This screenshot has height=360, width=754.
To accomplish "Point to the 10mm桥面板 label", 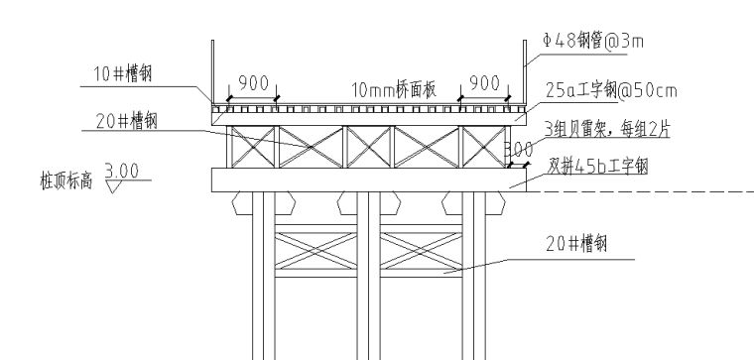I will click(395, 90).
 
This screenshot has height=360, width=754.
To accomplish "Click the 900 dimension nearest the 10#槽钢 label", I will click(254, 83).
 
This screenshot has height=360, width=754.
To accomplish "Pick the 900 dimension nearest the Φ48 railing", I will click(484, 83).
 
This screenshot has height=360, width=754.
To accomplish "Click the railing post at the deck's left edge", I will click(212, 69).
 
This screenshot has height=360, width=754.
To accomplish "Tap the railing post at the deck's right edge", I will click(526, 69).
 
